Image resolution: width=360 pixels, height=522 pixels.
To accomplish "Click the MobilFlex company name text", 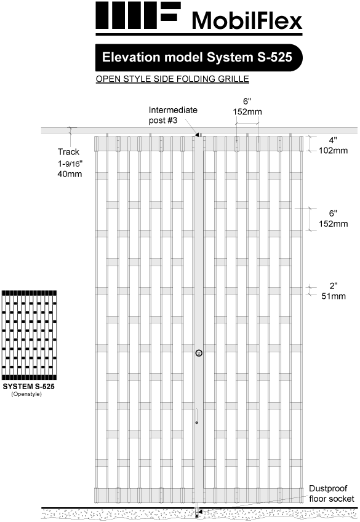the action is [x=247, y=21].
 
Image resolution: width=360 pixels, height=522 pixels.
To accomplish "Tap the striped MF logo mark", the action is [x=138, y=15].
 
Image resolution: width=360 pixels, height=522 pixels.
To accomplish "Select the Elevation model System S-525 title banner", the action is [x=199, y=58].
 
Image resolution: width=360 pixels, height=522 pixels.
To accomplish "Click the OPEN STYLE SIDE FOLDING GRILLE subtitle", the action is [x=172, y=79].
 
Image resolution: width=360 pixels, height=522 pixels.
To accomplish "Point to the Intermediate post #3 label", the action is [x=173, y=115].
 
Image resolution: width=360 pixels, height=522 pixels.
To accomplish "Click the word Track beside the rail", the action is [x=69, y=152].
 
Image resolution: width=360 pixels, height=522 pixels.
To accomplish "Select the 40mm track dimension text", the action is [x=70, y=174].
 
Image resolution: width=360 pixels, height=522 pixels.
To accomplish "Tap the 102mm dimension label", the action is [x=333, y=151].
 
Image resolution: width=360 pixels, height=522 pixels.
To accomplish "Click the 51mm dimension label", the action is [x=334, y=296].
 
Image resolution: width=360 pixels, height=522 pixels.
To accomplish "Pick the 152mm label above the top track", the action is [x=247, y=112].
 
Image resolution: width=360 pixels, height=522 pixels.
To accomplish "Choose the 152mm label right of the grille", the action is [x=333, y=224].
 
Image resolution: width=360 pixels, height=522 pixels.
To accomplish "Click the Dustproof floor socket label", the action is [x=331, y=493].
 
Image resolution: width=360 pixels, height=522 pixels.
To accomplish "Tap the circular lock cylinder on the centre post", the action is [x=199, y=353].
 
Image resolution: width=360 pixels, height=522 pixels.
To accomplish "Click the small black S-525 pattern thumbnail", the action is [x=29, y=335].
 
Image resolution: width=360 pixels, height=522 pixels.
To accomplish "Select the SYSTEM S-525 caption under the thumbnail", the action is [x=29, y=387].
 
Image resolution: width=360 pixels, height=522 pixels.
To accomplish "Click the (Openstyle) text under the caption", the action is [x=26, y=394].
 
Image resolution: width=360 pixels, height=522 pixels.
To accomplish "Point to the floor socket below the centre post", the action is [x=197, y=513].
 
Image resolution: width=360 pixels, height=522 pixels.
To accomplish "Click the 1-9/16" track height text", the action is [x=70, y=163].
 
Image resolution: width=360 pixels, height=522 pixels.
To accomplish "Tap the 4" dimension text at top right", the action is [x=333, y=140].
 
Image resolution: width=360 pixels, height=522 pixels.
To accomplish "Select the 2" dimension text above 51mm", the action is [x=334, y=286].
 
